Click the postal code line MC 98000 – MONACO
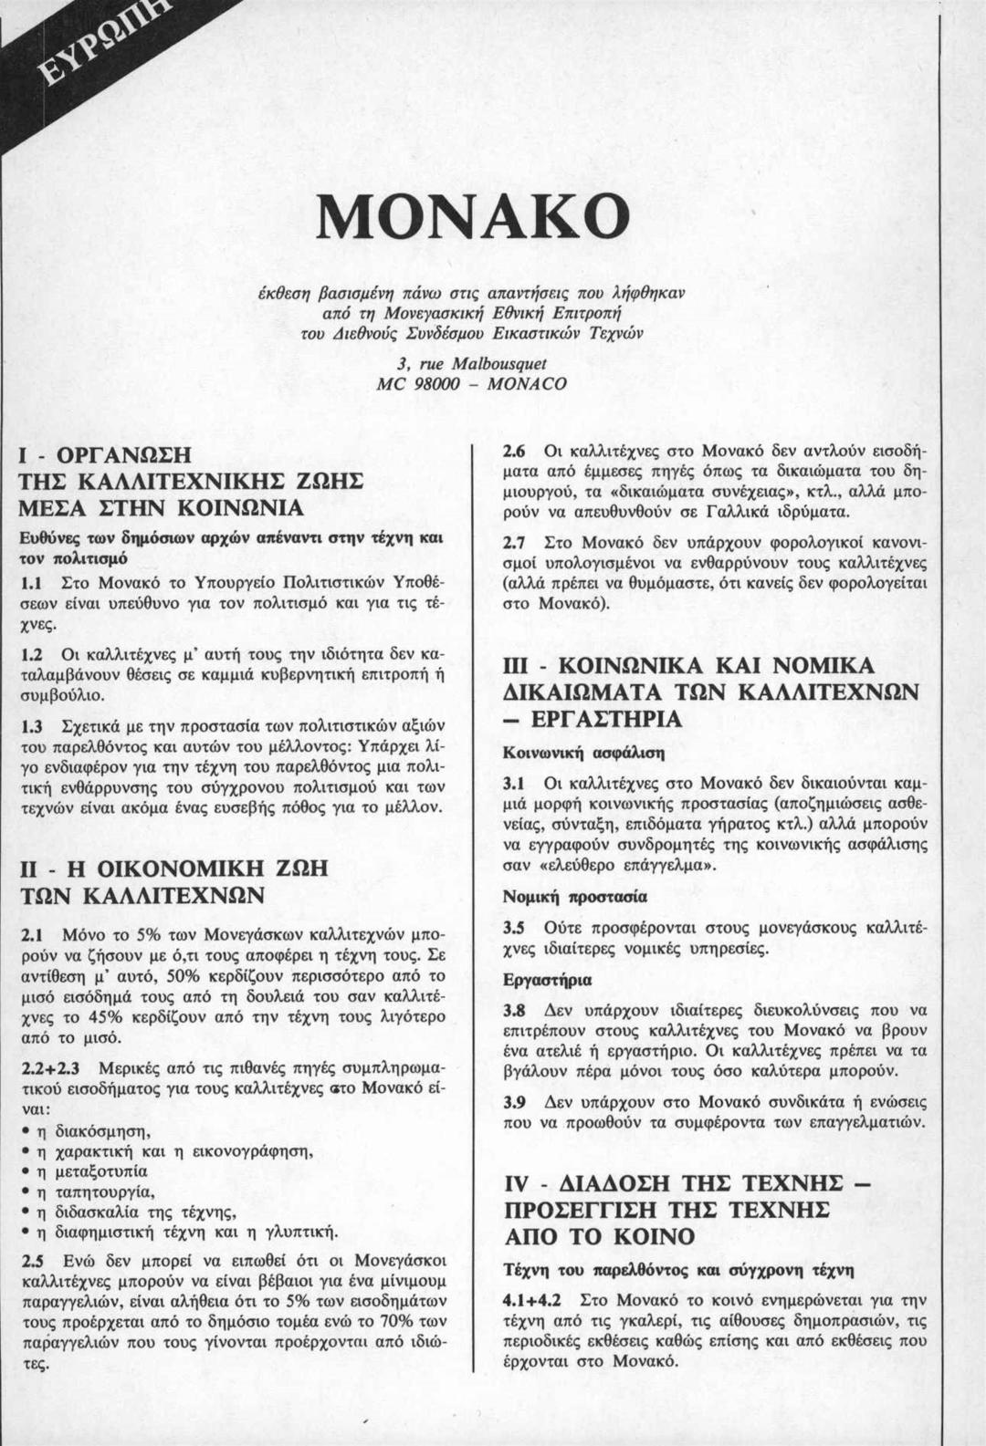click(472, 384)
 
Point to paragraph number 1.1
click(34, 581)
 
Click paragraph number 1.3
click(34, 726)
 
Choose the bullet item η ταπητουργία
click(94, 1191)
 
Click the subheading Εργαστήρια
click(547, 980)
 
